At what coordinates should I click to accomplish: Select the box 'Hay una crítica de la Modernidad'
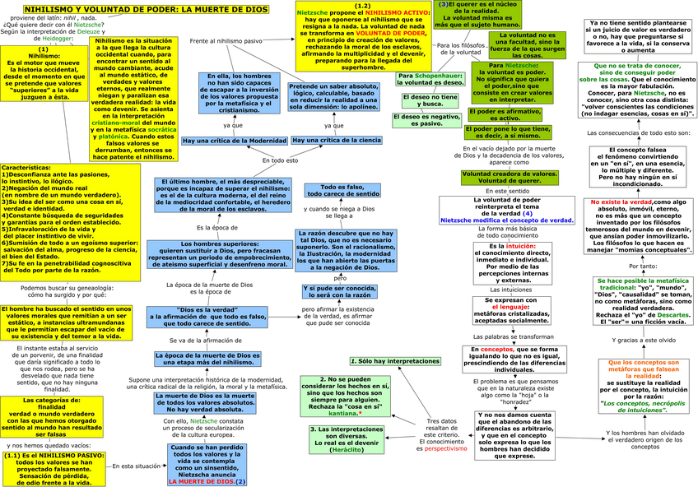(234, 141)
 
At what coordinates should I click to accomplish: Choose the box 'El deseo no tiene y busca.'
(429, 100)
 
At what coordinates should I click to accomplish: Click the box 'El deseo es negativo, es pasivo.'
(429, 120)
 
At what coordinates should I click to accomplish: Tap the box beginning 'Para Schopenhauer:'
(429, 79)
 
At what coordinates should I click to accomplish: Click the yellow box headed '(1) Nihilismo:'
(43, 72)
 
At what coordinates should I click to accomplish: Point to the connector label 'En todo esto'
(280, 160)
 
